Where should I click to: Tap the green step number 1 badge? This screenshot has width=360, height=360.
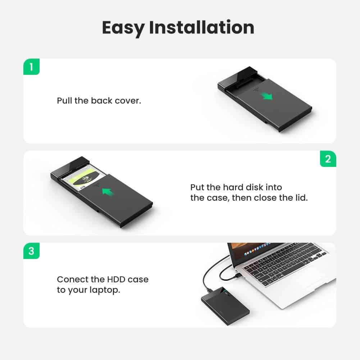point(31,67)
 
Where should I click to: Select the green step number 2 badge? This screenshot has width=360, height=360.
point(328,159)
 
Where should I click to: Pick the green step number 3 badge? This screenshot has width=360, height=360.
point(31,251)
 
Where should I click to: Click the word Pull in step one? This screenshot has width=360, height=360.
point(65,100)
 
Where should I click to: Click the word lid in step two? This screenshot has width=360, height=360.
point(300,198)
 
